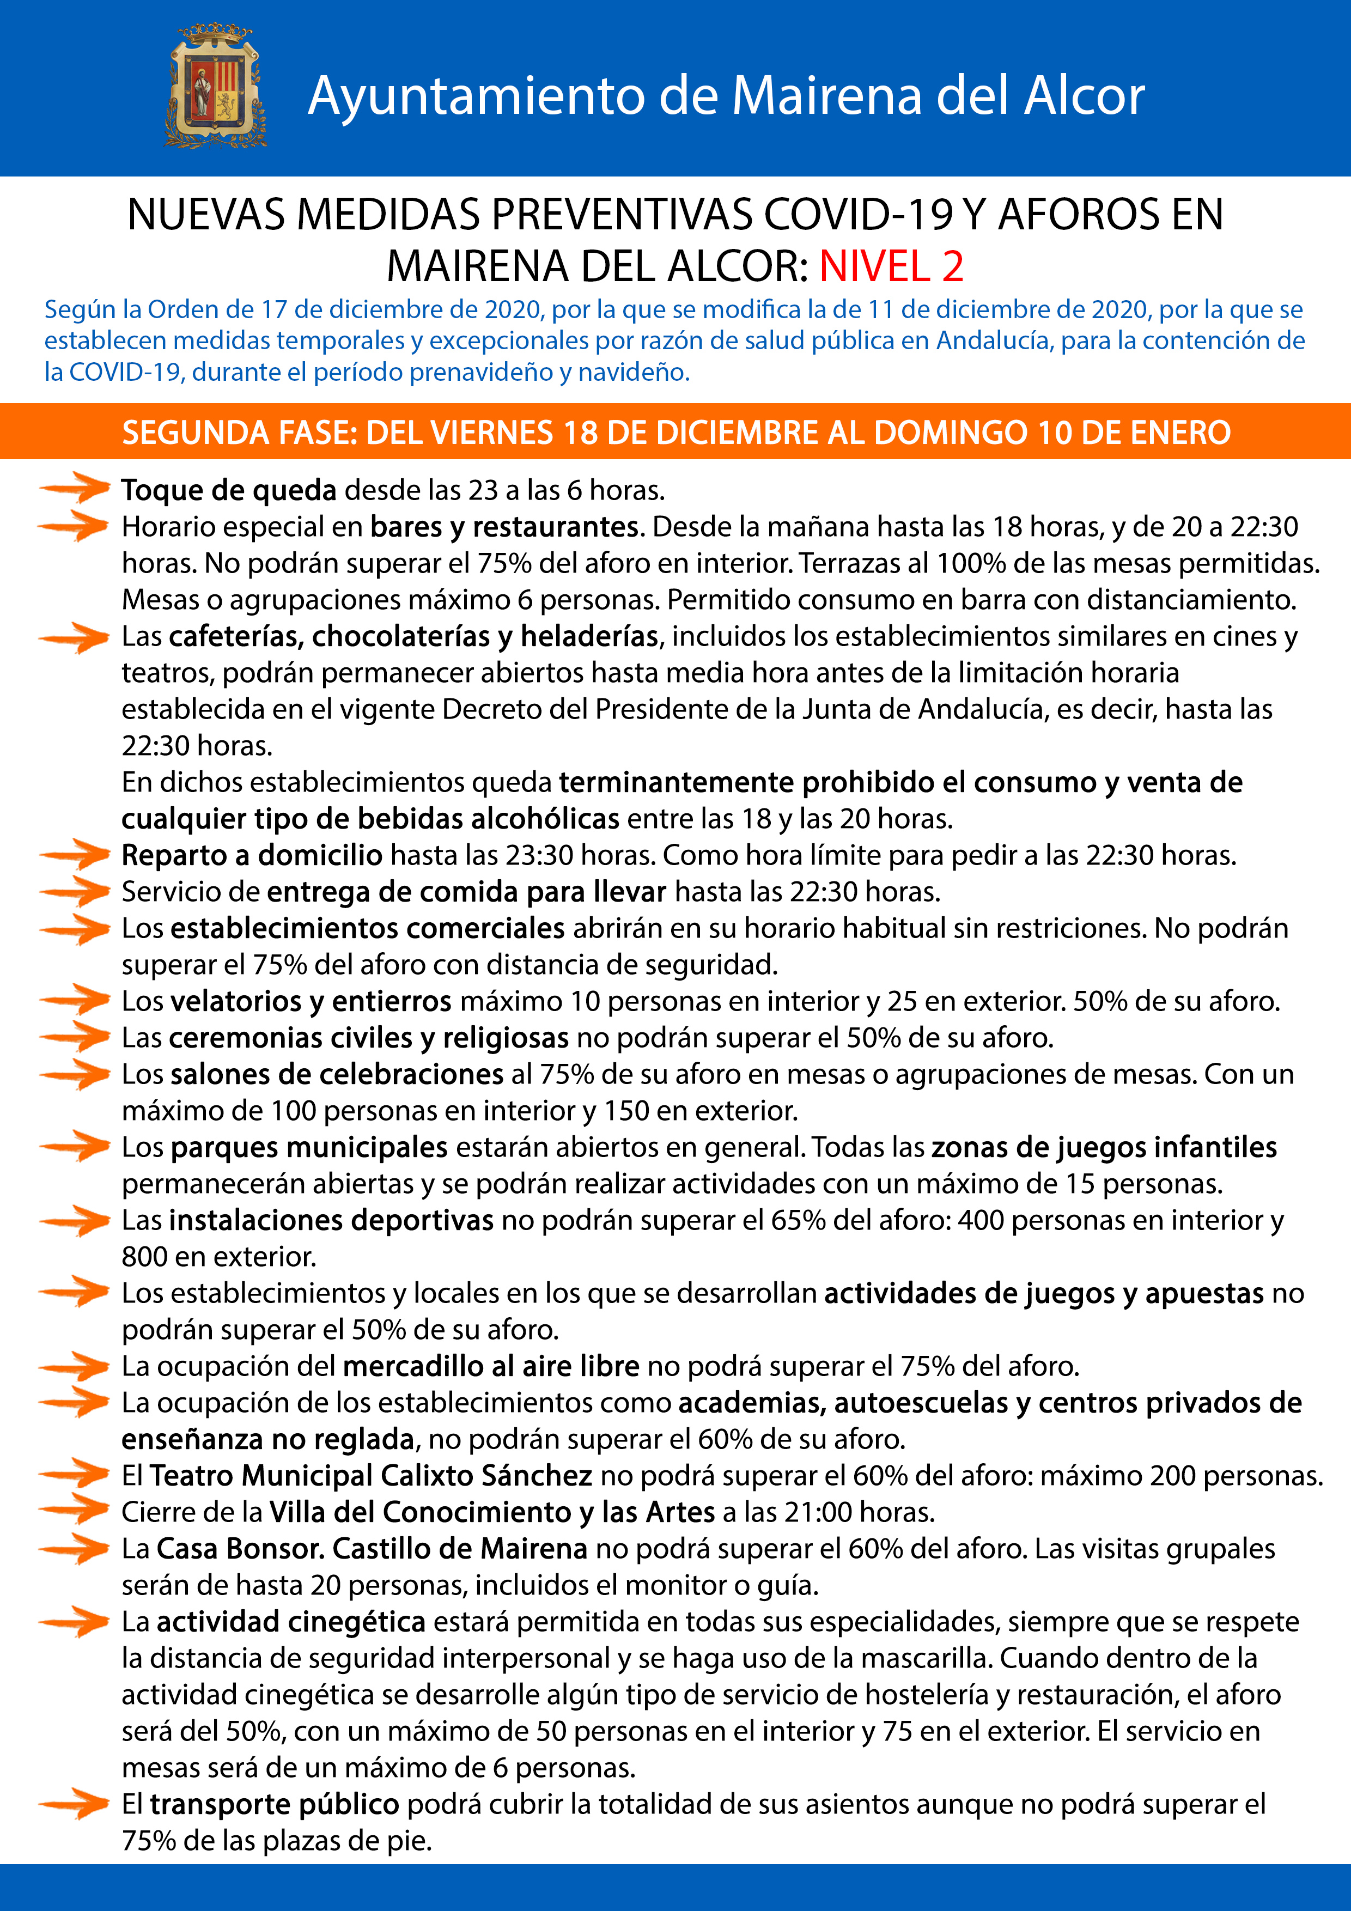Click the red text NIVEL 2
(891, 266)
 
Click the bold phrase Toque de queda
(229, 490)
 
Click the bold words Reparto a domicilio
(252, 855)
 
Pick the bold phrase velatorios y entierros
(311, 1001)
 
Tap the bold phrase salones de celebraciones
(337, 1074)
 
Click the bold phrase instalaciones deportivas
(331, 1220)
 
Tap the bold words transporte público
(275, 1804)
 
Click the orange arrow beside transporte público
(75, 1804)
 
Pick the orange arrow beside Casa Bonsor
(75, 1548)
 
